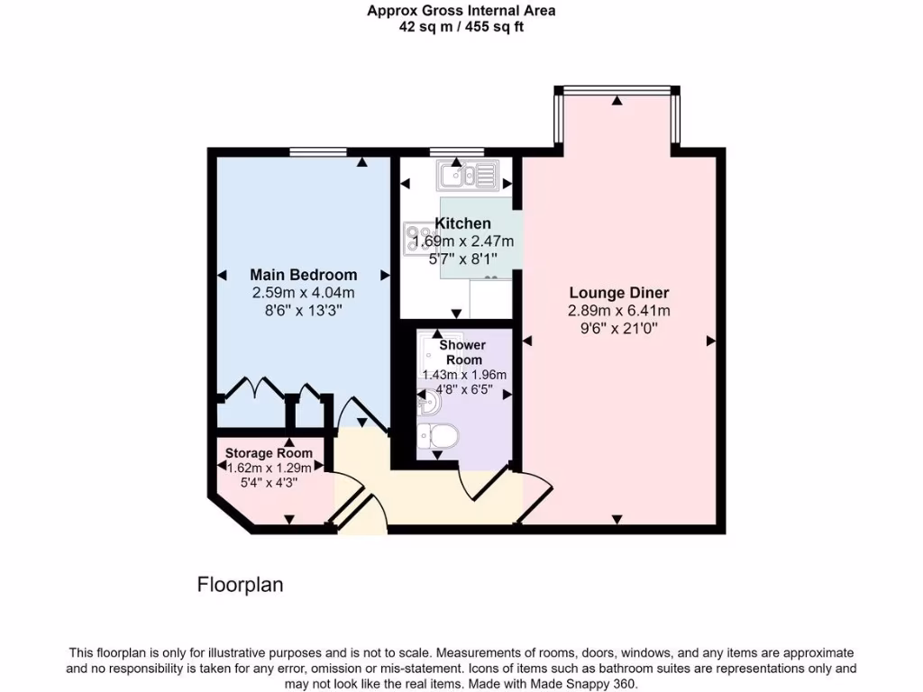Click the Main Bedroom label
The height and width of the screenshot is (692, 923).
(303, 275)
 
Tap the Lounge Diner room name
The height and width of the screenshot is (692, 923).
(618, 293)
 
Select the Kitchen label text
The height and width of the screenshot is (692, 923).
(463, 223)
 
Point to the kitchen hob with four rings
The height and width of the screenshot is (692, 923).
(419, 237)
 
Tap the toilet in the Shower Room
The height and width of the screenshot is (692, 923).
(441, 437)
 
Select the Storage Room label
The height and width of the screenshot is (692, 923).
(269, 452)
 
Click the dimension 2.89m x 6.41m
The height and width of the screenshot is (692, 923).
(618, 311)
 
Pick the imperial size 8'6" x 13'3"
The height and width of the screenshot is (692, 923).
(303, 310)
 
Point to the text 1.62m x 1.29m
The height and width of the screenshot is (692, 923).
(269, 468)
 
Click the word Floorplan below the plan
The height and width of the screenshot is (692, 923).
(240, 585)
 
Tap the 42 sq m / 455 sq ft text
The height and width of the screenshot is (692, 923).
(461, 27)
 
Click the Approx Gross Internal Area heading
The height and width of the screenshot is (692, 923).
(461, 11)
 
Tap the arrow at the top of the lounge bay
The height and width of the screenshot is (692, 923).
(617, 101)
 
